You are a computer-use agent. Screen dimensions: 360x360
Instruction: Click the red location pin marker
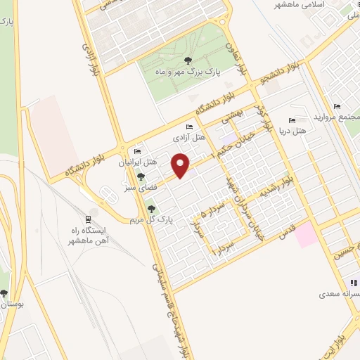click(x=181, y=165)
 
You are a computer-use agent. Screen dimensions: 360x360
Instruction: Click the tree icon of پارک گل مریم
click(x=151, y=208)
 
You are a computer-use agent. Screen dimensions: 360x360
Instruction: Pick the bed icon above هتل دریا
click(x=292, y=120)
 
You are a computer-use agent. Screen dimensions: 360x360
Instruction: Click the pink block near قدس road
click(x=307, y=234)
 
